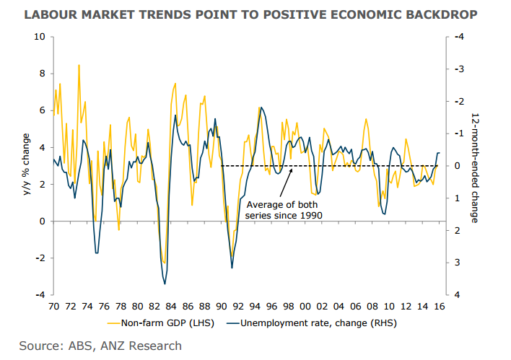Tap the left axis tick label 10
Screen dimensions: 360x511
click(x=40, y=37)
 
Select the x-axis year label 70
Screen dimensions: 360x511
click(x=53, y=306)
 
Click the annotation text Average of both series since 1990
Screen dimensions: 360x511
click(x=283, y=209)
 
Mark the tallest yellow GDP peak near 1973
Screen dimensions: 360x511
click(x=79, y=66)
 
